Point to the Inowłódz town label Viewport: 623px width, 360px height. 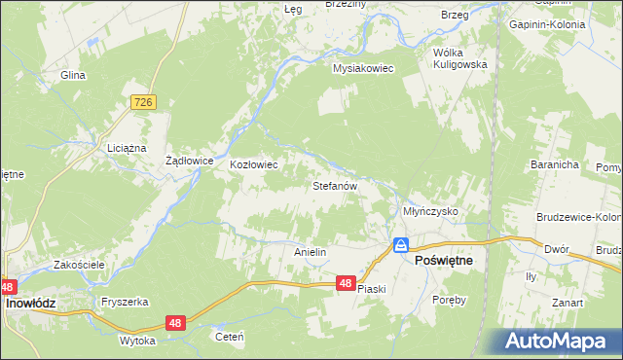tap(31, 304)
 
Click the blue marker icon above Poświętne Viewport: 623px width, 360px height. tap(400, 244)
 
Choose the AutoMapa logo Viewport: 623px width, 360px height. tap(559, 341)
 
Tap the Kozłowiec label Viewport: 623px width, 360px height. tap(254, 164)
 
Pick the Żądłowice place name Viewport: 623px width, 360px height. tap(189, 161)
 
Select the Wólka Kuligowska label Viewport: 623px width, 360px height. tap(460, 57)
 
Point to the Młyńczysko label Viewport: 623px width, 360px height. tap(430, 210)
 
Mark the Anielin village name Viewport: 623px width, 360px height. tap(310, 252)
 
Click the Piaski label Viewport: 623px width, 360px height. tap(372, 289)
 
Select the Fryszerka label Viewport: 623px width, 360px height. tap(124, 302)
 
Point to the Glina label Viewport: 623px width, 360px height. tap(73, 75)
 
